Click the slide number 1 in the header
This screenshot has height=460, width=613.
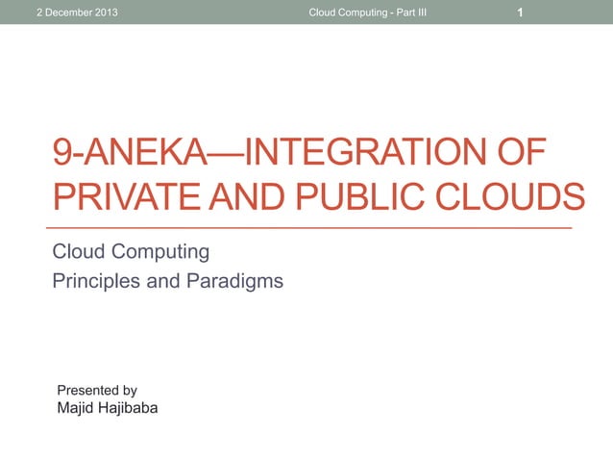520,13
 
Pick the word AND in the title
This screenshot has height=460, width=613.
249,197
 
